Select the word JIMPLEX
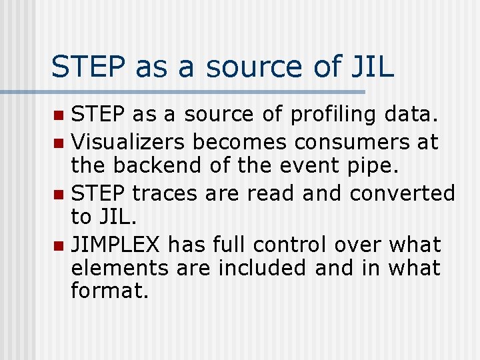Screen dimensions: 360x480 [x=116, y=245]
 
